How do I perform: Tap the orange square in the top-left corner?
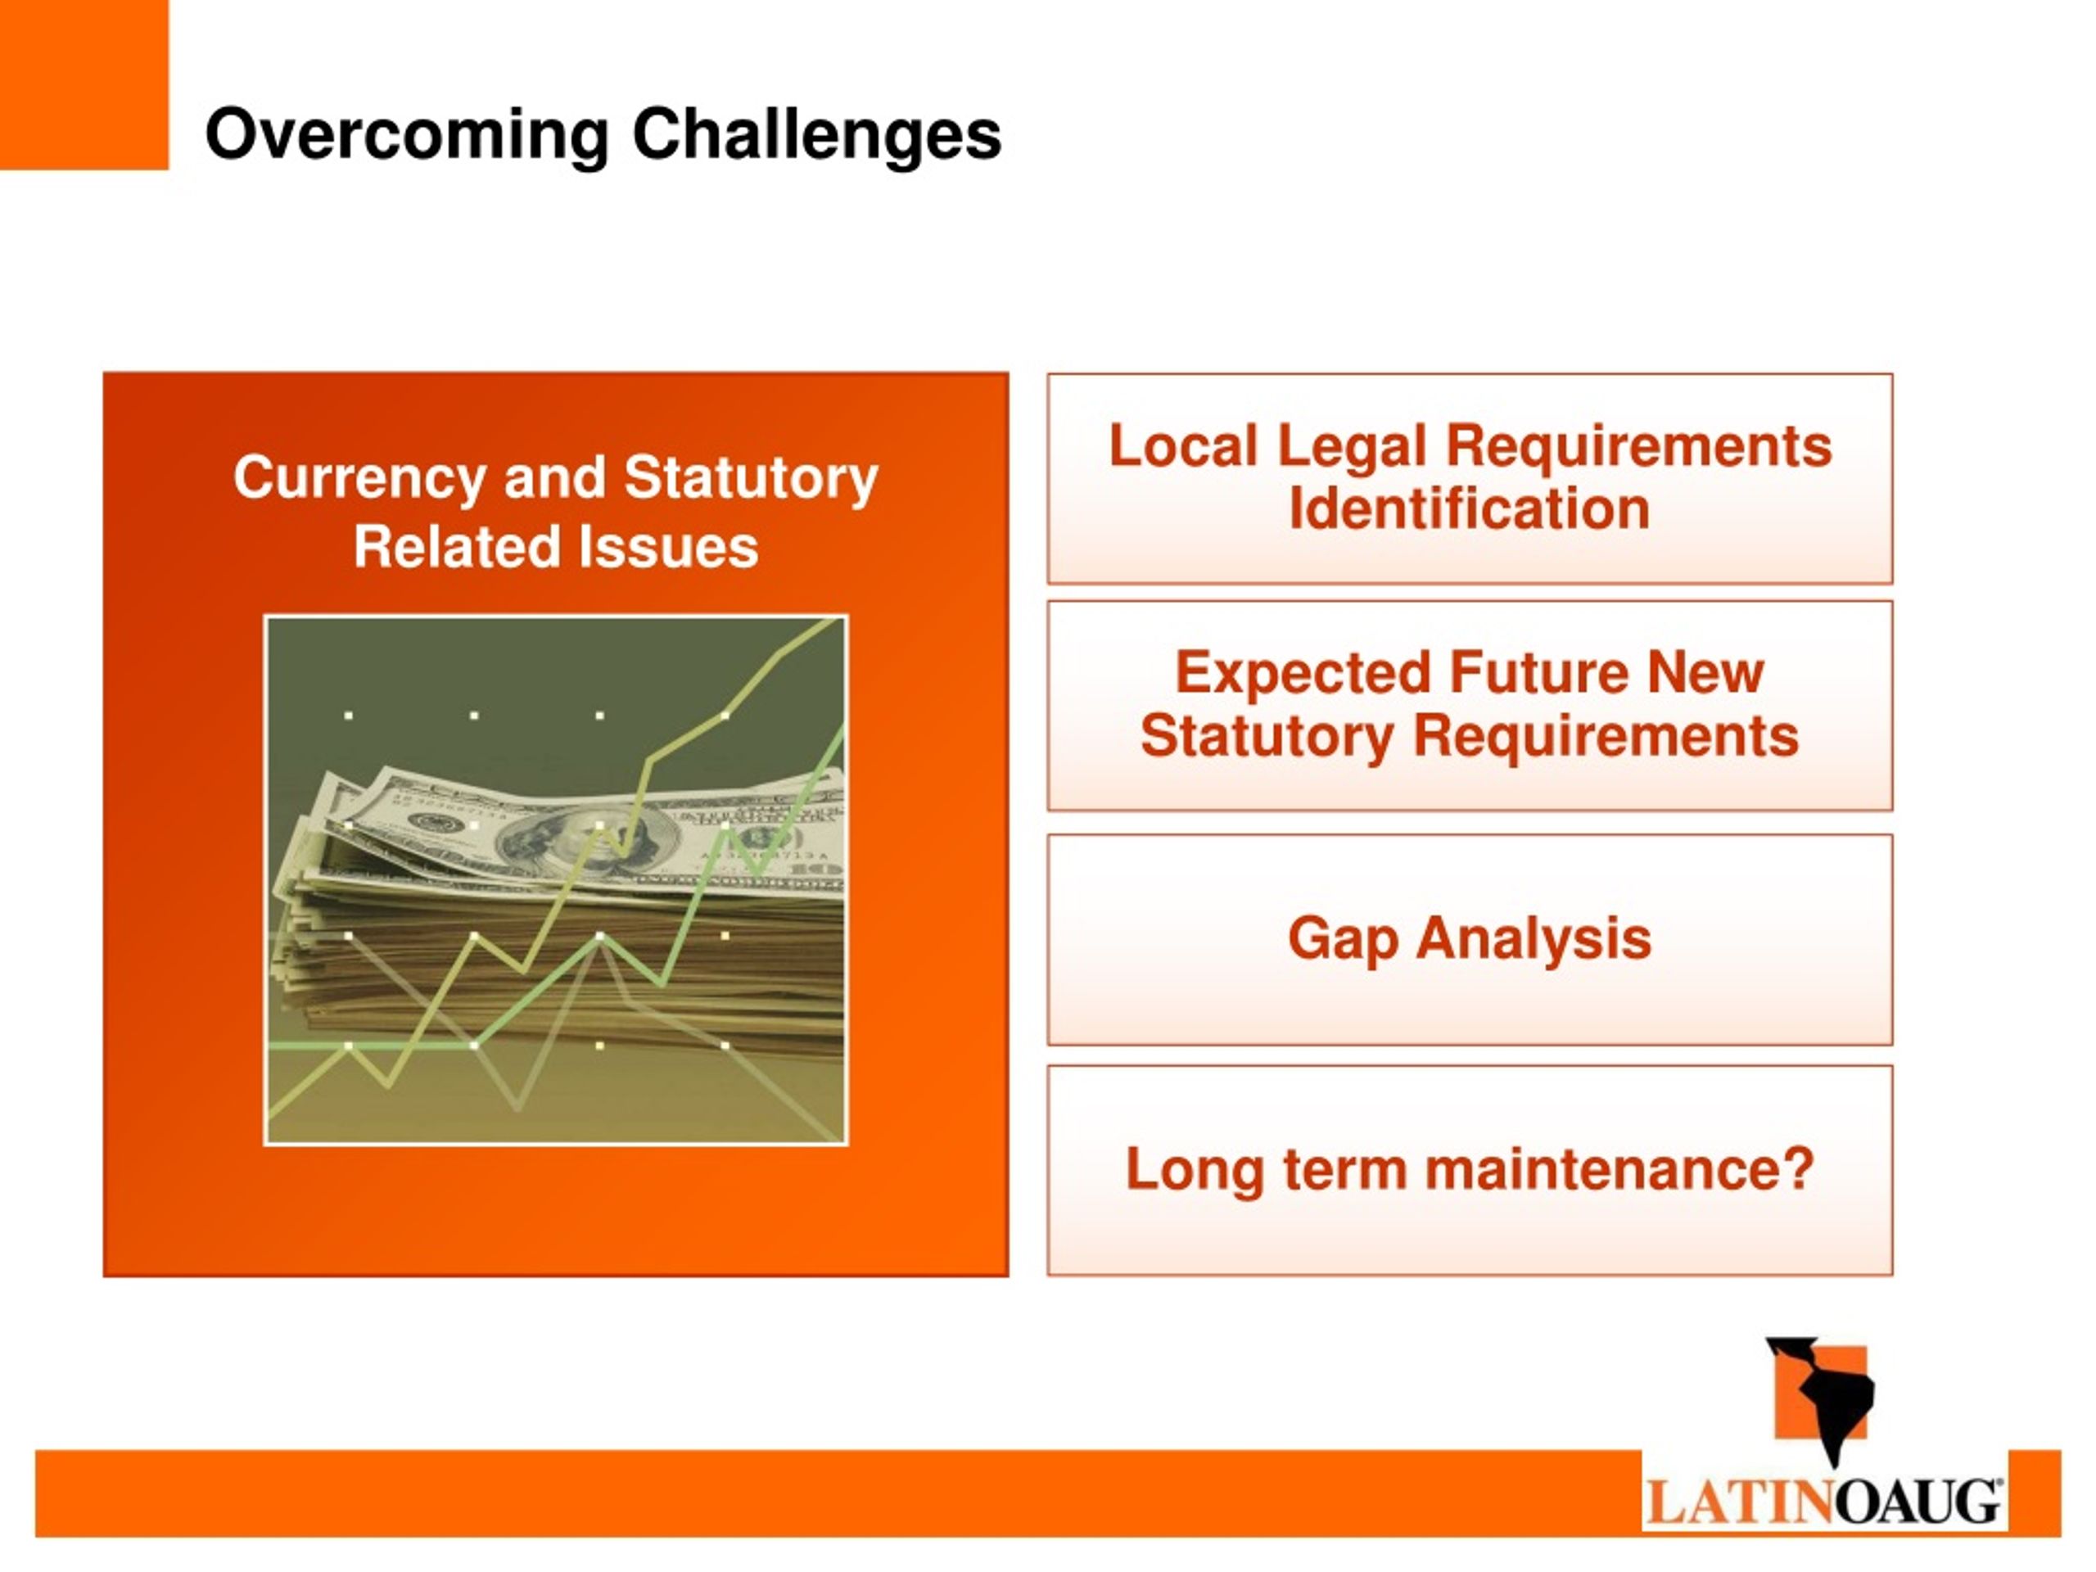(x=84, y=84)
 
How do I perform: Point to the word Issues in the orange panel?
(x=669, y=548)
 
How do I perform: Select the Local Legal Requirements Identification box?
(x=1470, y=478)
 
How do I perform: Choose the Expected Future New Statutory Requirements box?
(x=1470, y=706)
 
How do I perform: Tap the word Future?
(x=1538, y=673)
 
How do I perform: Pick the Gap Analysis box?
(x=1470, y=940)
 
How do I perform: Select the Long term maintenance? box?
(x=1470, y=1170)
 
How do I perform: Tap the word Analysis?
(x=1534, y=938)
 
